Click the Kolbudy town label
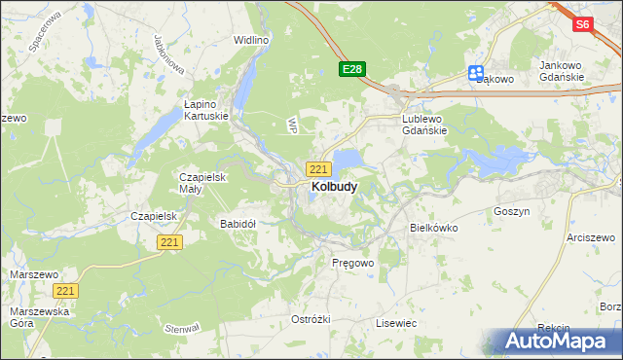tap(333, 186)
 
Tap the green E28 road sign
tap(352, 69)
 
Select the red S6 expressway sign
tap(583, 25)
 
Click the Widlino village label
tap(251, 40)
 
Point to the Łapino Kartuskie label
tap(206, 109)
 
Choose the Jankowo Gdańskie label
tap(562, 71)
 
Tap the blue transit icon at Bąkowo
tap(476, 72)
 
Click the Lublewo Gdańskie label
tap(422, 124)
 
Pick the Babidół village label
tap(238, 223)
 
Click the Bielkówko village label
tap(432, 227)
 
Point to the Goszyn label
tap(511, 210)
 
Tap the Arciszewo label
tap(594, 236)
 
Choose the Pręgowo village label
tap(352, 263)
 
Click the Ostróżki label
tap(311, 319)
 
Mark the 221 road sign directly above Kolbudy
tap(317, 168)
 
